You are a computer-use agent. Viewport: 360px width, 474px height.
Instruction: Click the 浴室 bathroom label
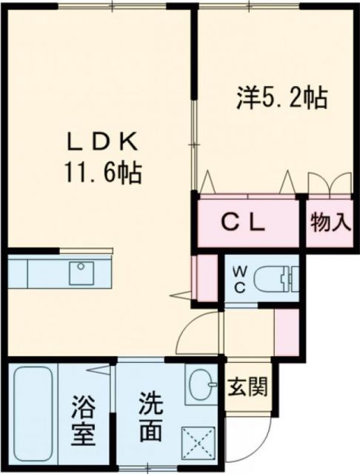[x=84, y=420]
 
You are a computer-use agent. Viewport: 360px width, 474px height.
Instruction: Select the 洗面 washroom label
[x=152, y=418]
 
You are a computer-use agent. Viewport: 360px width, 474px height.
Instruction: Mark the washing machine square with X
[x=199, y=441]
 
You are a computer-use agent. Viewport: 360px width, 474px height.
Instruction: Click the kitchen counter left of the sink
[x=37, y=273]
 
